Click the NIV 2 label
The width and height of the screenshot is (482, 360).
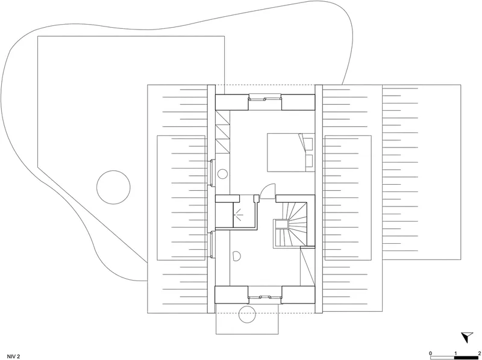[13, 356]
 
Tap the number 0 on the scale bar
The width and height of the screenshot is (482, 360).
[430, 353]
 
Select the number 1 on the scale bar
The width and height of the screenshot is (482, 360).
[455, 353]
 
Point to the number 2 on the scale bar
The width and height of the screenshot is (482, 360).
[479, 353]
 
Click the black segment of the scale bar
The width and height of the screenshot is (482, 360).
[466, 358]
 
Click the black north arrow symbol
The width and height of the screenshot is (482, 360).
[467, 337]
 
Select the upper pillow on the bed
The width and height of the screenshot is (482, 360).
[308, 143]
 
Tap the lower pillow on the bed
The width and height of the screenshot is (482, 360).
[308, 161]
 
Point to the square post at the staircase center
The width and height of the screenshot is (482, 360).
[281, 225]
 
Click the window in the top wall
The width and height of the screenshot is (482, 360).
[264, 99]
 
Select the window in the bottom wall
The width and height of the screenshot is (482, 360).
[264, 297]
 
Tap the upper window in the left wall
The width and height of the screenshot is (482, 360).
[212, 173]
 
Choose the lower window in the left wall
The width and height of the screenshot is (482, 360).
[212, 245]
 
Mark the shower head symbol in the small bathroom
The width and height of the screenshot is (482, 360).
[237, 213]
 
